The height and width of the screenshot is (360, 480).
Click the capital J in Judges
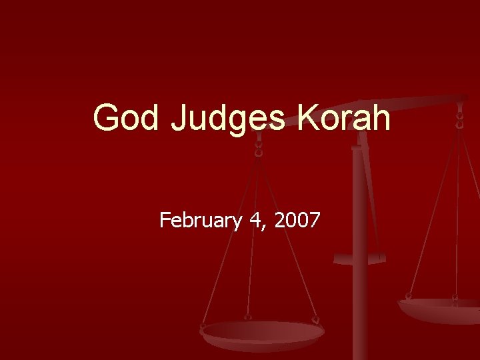point(180,118)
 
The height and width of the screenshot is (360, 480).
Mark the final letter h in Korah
point(381,118)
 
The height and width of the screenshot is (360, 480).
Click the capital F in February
point(165,220)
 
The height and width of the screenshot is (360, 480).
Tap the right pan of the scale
point(441,308)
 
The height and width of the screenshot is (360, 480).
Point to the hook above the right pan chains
point(459,117)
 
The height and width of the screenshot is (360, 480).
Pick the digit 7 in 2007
point(315,220)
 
